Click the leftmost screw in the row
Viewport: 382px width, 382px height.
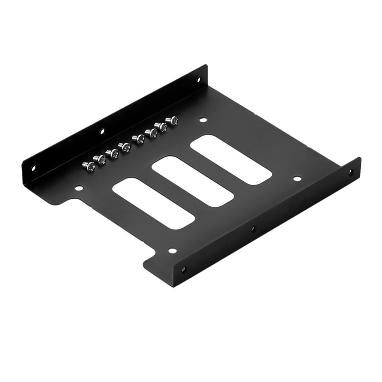click(89, 165)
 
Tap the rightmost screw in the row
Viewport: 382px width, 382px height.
click(174, 121)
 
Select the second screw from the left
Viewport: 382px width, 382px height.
click(101, 159)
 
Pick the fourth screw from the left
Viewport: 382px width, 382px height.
click(125, 147)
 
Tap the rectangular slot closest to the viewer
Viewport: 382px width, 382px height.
click(154, 203)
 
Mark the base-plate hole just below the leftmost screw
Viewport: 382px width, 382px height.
click(79, 188)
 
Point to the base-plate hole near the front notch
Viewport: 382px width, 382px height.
click(172, 251)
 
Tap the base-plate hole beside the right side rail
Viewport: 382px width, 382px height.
click(297, 178)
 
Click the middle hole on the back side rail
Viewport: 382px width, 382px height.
click(102, 132)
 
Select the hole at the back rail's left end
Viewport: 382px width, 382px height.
click(33, 167)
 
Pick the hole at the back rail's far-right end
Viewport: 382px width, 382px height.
click(198, 79)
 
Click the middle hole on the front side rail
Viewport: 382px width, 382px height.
click(252, 230)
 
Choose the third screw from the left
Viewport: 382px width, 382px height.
click(113, 153)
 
